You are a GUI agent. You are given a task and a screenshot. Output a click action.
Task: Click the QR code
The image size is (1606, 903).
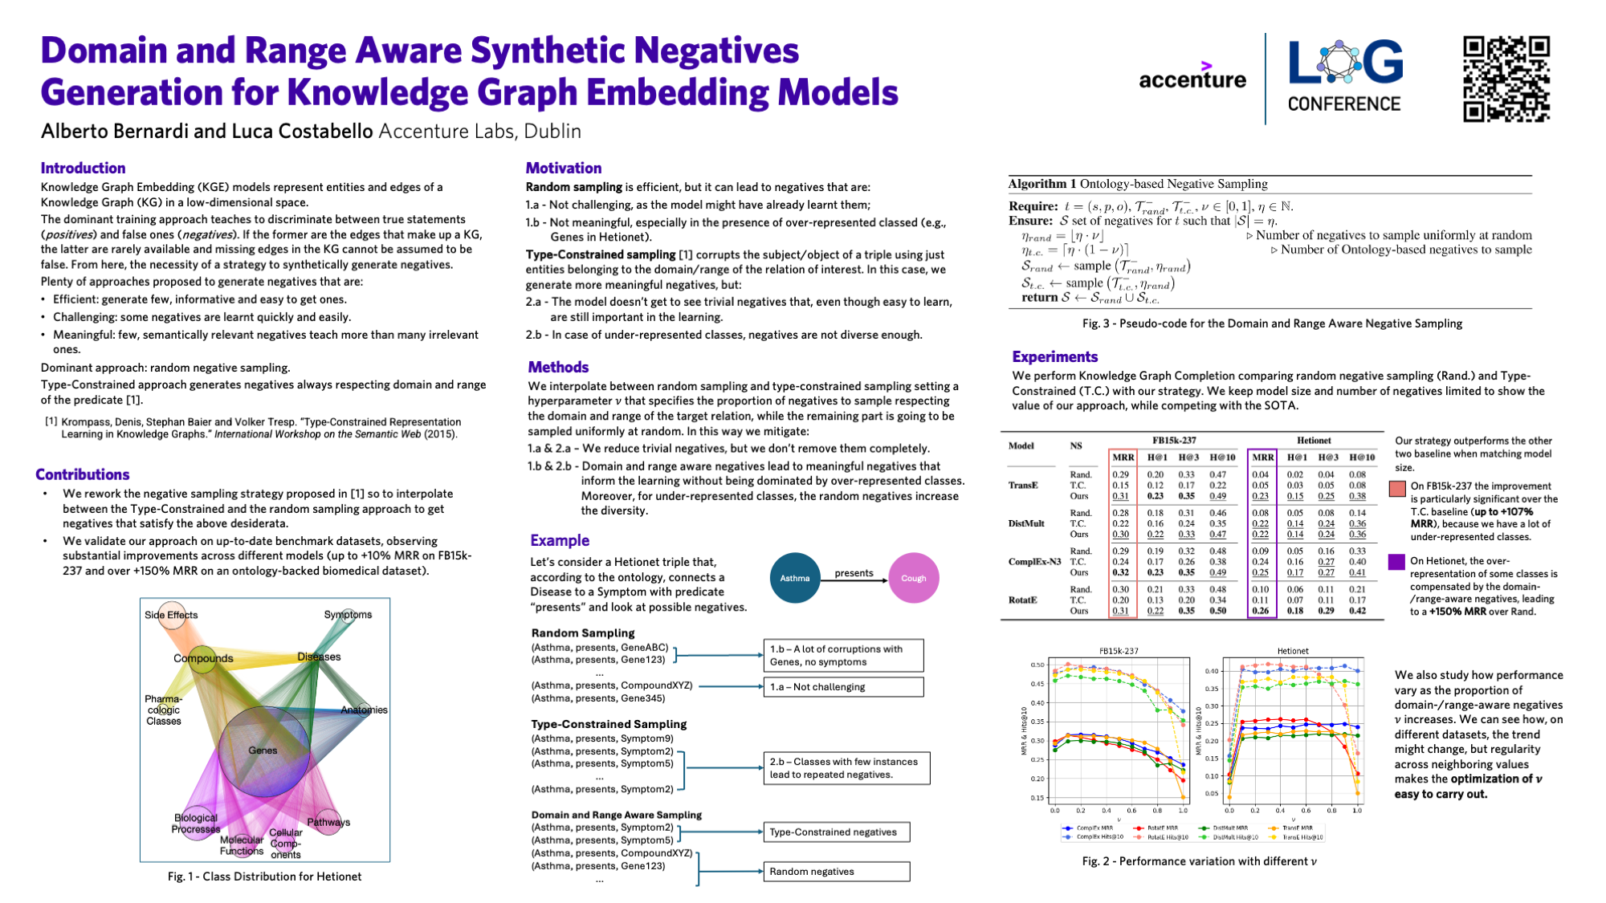click(1506, 79)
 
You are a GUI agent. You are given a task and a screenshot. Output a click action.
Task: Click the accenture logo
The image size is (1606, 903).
click(1192, 77)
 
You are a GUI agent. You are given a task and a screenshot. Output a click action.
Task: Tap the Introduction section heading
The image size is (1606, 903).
click(83, 168)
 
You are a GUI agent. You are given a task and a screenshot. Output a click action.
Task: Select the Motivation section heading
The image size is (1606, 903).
click(563, 168)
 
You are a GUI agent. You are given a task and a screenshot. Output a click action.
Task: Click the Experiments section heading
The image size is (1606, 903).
click(1054, 356)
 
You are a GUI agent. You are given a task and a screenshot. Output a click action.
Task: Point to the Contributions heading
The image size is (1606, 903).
click(82, 474)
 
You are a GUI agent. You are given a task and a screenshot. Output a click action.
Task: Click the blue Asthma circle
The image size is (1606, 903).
click(795, 578)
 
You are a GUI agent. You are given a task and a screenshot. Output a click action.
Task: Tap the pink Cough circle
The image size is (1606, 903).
click(913, 578)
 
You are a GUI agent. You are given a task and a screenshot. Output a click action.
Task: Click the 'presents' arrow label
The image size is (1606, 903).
click(854, 572)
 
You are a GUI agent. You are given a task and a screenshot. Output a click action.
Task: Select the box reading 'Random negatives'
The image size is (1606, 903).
click(836, 872)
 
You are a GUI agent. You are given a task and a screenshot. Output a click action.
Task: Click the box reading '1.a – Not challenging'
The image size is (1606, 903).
click(842, 687)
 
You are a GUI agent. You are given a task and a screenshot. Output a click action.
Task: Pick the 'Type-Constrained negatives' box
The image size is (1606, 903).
click(836, 832)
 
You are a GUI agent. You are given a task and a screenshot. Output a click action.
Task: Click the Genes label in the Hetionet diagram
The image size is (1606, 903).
click(263, 750)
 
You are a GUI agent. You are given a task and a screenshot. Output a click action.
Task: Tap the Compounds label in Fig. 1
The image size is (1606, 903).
click(203, 658)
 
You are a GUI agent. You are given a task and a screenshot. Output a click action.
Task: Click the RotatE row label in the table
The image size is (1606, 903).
click(1022, 600)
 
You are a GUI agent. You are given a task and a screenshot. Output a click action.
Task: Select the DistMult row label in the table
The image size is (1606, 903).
click(1025, 523)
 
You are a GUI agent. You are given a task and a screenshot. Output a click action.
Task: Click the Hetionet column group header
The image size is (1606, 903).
click(1313, 440)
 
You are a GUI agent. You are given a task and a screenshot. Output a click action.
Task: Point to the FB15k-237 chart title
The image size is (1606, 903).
click(1119, 651)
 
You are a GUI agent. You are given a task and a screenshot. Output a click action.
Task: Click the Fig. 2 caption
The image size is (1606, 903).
click(1199, 861)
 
